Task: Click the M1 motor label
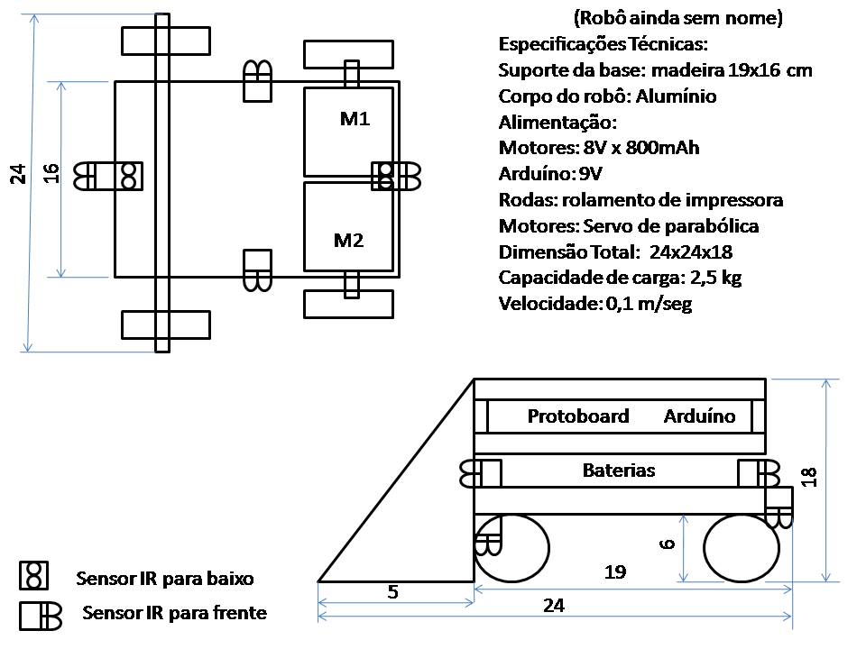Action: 355,119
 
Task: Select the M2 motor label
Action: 348,241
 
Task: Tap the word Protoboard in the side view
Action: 578,416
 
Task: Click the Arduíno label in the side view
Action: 699,416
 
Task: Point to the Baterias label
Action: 619,471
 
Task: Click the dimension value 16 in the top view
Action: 51,173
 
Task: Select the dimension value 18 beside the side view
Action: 808,477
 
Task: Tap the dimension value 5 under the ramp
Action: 392,592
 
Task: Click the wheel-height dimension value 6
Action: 668,544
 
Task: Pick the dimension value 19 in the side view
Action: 615,572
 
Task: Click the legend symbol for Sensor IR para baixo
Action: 33,576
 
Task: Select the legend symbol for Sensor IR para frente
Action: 41,616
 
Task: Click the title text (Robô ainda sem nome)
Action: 678,18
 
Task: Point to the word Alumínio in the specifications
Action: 676,96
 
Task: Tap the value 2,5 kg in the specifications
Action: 715,279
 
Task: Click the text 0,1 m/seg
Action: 649,304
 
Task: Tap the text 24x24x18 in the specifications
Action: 691,252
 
